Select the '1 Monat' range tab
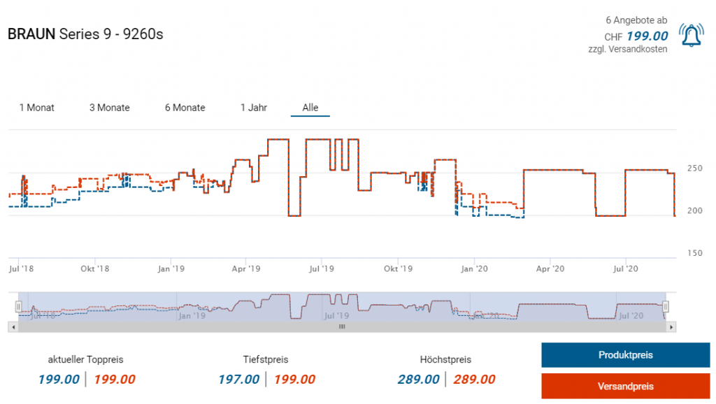click(x=37, y=108)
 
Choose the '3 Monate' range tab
click(x=109, y=108)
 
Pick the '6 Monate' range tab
click(x=185, y=108)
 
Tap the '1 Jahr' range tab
click(x=254, y=108)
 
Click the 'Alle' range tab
click(x=310, y=108)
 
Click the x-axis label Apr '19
click(x=245, y=268)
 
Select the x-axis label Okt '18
click(x=94, y=268)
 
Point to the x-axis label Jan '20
click(x=475, y=268)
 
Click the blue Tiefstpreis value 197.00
click(x=238, y=380)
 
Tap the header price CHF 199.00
click(x=647, y=36)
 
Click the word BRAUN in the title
click(x=31, y=34)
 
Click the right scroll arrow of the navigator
click(x=671, y=326)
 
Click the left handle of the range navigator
click(x=19, y=306)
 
